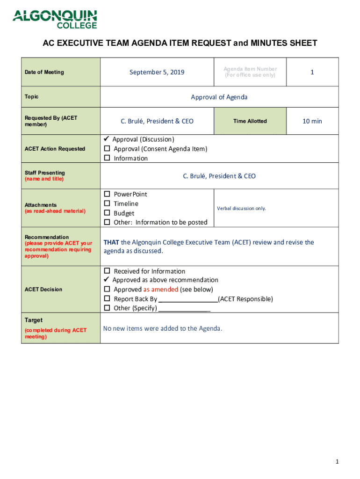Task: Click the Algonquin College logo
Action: pyautogui.click(x=55, y=19)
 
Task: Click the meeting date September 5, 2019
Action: pyautogui.click(x=157, y=72)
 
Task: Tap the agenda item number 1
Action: pyautogui.click(x=312, y=72)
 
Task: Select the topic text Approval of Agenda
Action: pyautogui.click(x=219, y=97)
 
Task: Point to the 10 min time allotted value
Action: pyautogui.click(x=312, y=121)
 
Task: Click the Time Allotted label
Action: pyautogui.click(x=250, y=121)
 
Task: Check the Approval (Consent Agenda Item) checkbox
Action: pyautogui.click(x=107, y=149)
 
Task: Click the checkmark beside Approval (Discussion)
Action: pyautogui.click(x=106, y=139)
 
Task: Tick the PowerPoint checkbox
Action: pyautogui.click(x=107, y=194)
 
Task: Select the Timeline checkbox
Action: pyautogui.click(x=107, y=203)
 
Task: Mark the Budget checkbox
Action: pyautogui.click(x=107, y=213)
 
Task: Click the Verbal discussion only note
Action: pyautogui.click(x=241, y=208)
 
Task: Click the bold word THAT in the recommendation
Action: pyautogui.click(x=111, y=242)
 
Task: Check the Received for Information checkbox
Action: pyautogui.click(x=107, y=271)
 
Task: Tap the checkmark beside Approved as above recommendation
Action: pyautogui.click(x=106, y=280)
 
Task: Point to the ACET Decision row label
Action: pyautogui.click(x=44, y=290)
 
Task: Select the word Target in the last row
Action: pyautogui.click(x=34, y=320)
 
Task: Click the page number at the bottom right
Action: pyautogui.click(x=337, y=462)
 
